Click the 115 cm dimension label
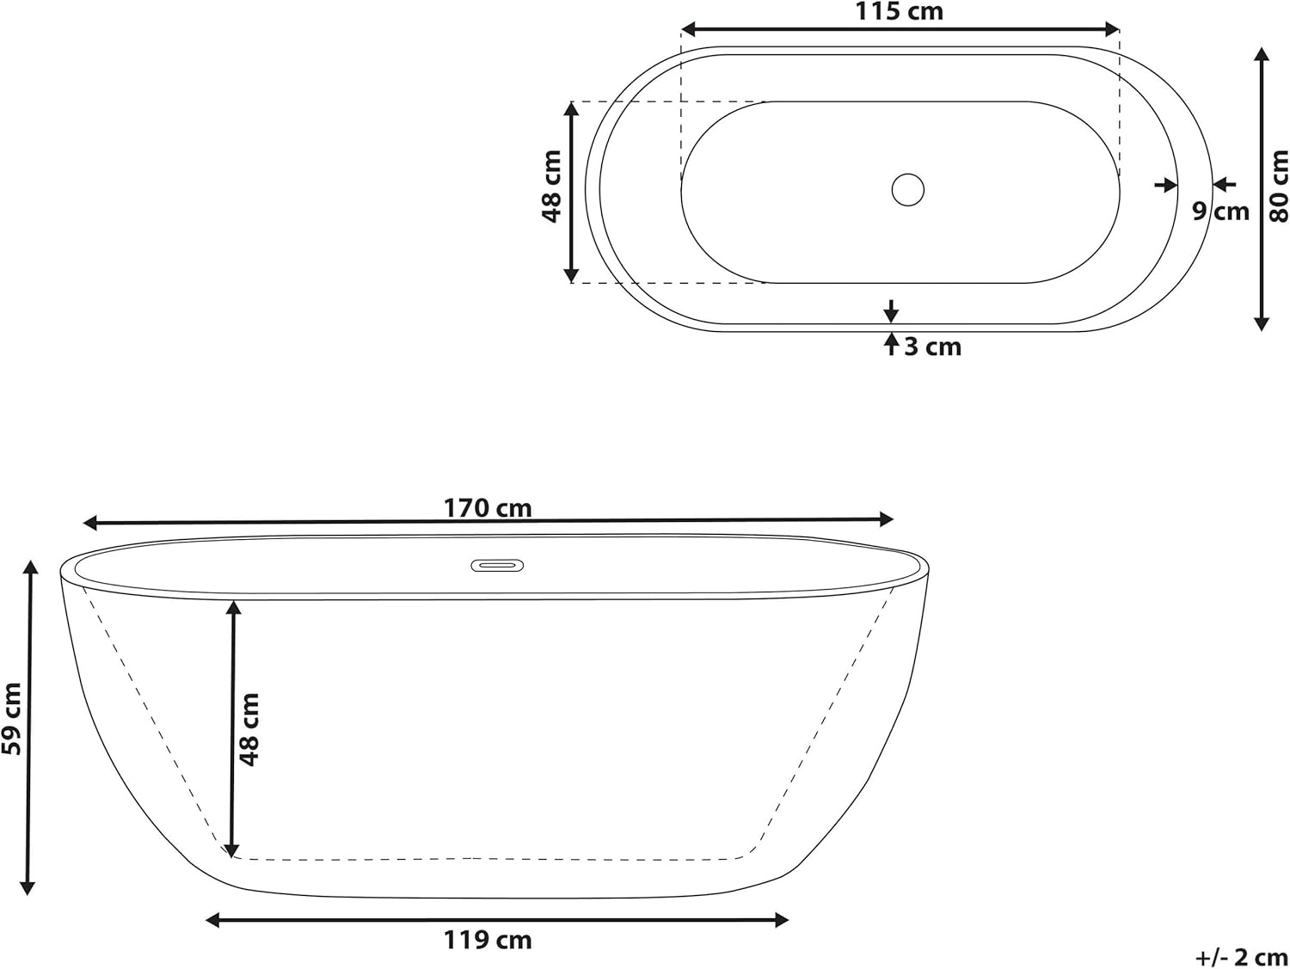tap(899, 11)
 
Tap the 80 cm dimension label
tap(1279, 187)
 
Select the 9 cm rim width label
tap(1220, 212)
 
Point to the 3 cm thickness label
tap(933, 347)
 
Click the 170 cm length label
tap(488, 508)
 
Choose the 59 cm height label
tap(12, 719)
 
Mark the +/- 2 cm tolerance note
tap(1241, 957)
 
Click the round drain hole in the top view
tap(907, 189)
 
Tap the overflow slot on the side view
tap(496, 565)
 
